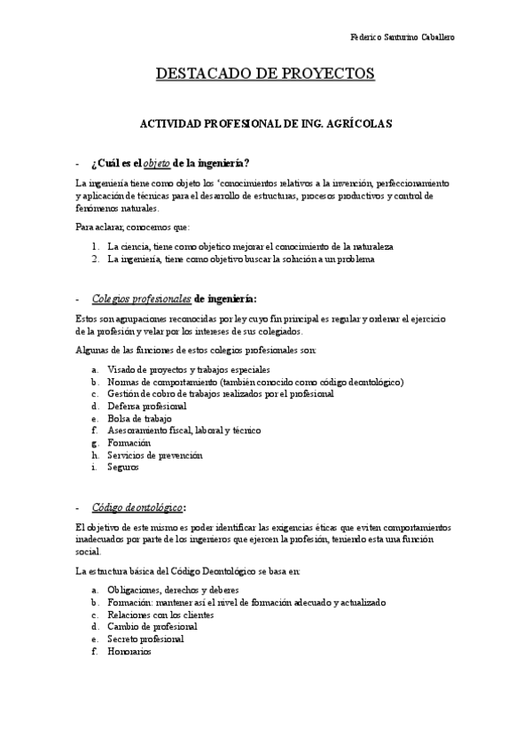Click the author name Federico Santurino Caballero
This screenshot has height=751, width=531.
click(404, 39)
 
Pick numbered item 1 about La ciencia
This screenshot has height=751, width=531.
click(250, 245)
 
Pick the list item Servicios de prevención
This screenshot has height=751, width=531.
click(155, 454)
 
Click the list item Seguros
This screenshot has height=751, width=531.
click(123, 466)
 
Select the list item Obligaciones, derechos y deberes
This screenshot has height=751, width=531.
click(173, 590)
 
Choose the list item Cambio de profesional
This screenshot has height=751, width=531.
click(152, 626)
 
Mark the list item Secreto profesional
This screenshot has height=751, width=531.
click(145, 639)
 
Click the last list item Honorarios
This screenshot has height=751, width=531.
click(129, 651)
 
